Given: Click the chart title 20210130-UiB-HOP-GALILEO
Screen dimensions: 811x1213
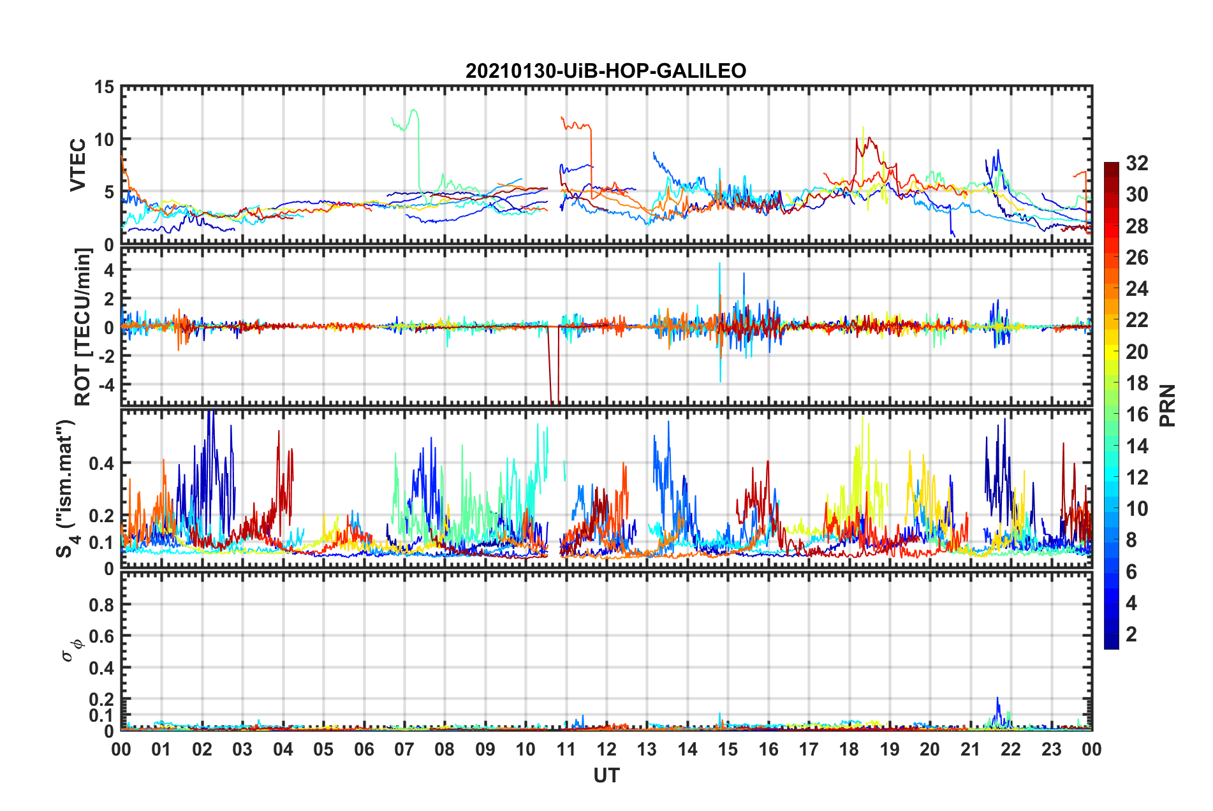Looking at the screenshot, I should pyautogui.click(x=606, y=71).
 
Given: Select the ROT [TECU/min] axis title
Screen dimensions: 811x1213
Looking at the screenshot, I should pyautogui.click(x=83, y=327).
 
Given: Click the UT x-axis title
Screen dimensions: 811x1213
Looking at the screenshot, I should pyautogui.click(x=606, y=775).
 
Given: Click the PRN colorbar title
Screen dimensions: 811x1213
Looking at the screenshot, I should pyautogui.click(x=1168, y=405).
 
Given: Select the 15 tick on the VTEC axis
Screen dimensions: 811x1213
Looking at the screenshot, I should pyautogui.click(x=105, y=87).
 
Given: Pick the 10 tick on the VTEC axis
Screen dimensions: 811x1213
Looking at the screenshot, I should pyautogui.click(x=105, y=140).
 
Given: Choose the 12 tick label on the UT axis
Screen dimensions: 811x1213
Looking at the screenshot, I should pyautogui.click(x=606, y=749).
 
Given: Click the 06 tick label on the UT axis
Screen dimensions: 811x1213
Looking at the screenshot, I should pyautogui.click(x=364, y=749).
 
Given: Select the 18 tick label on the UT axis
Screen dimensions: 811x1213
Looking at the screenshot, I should pyautogui.click(x=849, y=749).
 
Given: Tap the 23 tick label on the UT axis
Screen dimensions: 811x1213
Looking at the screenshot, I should pyautogui.click(x=1051, y=749).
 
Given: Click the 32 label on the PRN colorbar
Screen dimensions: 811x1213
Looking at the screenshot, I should pyautogui.click(x=1136, y=163).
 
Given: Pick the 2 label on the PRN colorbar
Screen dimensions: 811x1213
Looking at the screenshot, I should pyautogui.click(x=1131, y=634).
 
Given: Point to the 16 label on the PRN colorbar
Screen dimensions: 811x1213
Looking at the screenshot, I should pyautogui.click(x=1136, y=414).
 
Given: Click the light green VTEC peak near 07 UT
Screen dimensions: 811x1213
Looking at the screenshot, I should pyautogui.click(x=415, y=110).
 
